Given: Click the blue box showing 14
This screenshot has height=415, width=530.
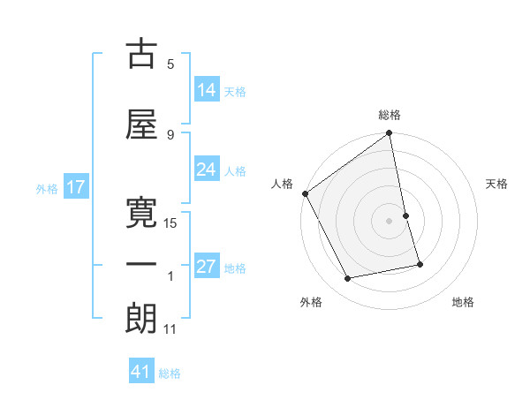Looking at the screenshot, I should (207, 90).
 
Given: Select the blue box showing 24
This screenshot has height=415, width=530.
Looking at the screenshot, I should (207, 170).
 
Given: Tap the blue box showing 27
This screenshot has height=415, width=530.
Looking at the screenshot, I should (207, 267).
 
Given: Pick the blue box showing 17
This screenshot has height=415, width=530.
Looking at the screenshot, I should (75, 187).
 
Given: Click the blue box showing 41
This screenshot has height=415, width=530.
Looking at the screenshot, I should (142, 372).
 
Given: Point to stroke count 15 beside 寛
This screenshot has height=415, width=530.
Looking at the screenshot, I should (170, 223).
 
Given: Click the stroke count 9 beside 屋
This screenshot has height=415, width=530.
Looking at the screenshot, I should (170, 135).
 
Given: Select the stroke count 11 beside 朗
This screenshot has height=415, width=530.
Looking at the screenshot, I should (170, 329).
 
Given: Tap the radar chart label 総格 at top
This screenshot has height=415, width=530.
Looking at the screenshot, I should (390, 115).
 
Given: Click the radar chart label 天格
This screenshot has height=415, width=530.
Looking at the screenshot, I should (497, 184).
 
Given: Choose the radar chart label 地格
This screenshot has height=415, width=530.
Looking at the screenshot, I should (463, 302).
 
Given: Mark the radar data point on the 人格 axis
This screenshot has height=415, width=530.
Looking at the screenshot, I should (305, 193).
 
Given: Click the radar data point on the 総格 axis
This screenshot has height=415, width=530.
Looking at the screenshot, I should (390, 134).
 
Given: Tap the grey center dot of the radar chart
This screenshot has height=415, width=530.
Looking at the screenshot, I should (390, 221).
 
